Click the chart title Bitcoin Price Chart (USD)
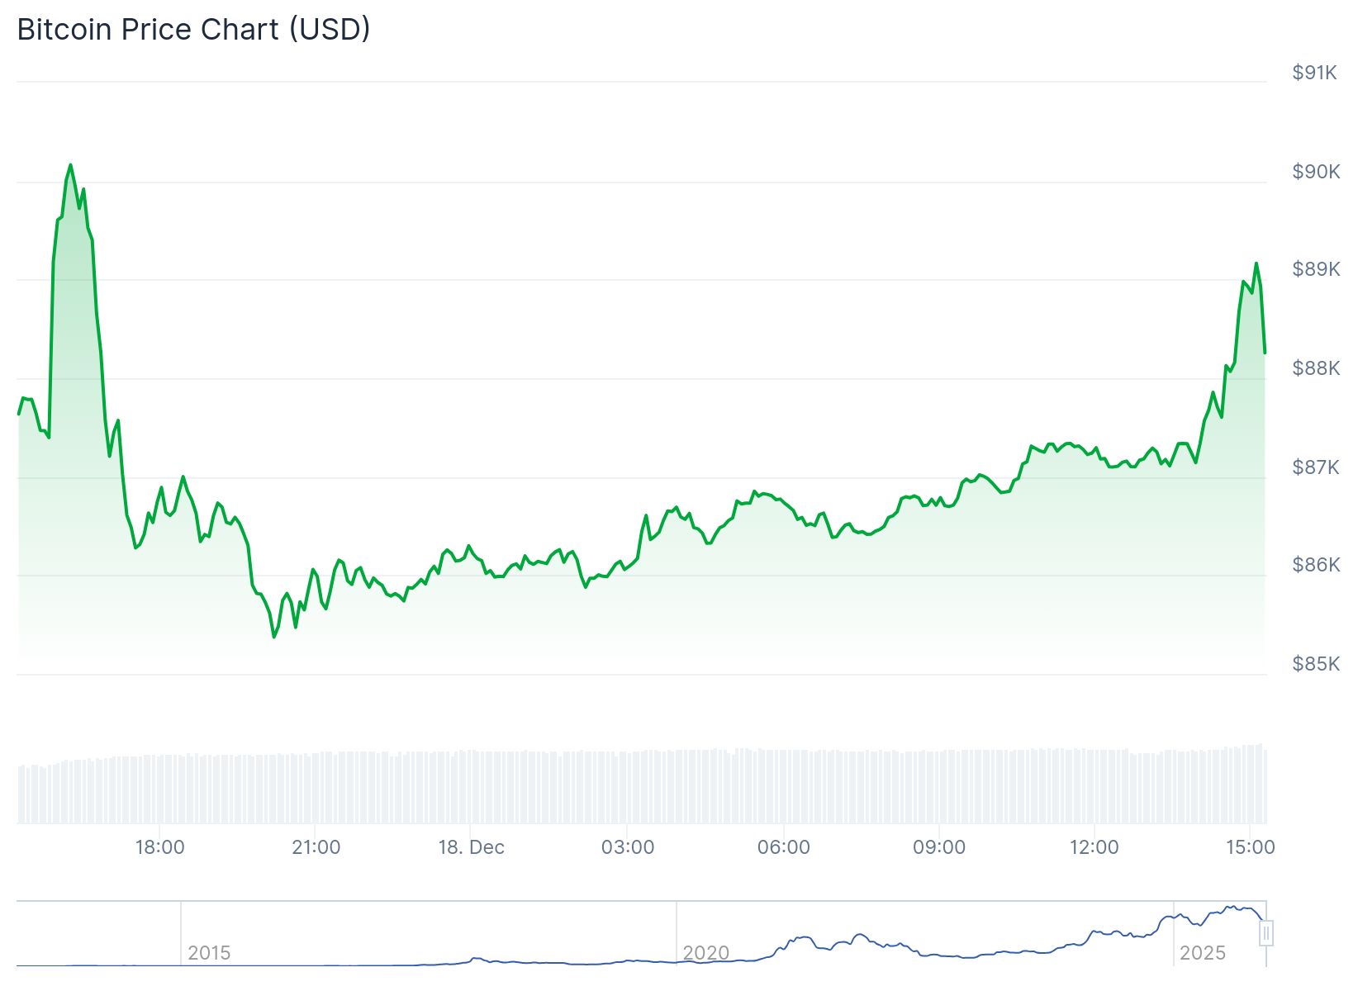193,30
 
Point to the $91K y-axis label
1315,73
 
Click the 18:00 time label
160,847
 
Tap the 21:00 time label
316,847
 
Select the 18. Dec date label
471,847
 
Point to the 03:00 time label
628,847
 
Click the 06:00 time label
783,847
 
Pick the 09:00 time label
939,847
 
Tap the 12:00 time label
1094,847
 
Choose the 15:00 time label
1250,847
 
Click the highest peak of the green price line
70,165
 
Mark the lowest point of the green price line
274,637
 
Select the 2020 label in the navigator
706,953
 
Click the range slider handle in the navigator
1266,934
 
